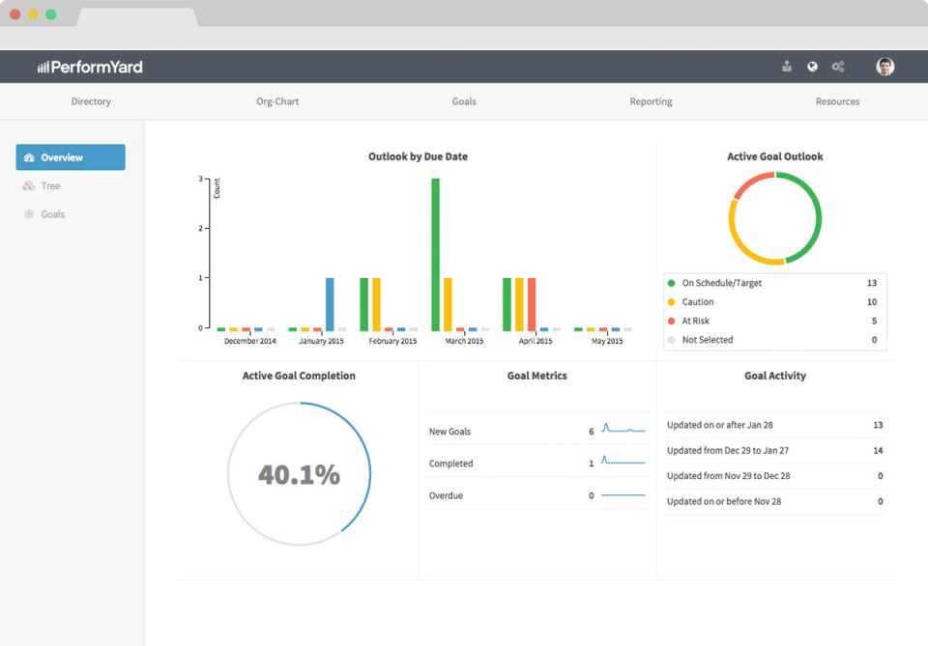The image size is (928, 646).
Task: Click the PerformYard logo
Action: click(90, 67)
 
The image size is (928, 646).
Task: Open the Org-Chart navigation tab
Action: click(277, 101)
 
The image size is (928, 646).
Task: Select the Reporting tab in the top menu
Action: click(651, 101)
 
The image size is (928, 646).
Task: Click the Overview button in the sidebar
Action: click(71, 157)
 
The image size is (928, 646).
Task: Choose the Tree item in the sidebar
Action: click(50, 186)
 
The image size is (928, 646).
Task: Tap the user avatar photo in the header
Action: click(884, 67)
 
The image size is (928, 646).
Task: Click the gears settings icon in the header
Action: click(838, 67)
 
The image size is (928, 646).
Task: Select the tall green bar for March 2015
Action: click(436, 253)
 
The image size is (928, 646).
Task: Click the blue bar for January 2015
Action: click(330, 303)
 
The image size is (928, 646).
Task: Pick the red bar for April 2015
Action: click(532, 303)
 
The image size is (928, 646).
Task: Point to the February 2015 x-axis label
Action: click(392, 341)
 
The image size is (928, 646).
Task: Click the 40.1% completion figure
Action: click(299, 474)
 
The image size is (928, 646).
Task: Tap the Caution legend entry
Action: click(698, 302)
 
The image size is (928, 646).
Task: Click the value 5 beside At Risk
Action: click(874, 321)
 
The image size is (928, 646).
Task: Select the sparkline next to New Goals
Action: click(623, 428)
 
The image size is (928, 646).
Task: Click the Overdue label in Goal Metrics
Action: click(446, 495)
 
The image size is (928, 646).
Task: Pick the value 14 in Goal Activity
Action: click(878, 450)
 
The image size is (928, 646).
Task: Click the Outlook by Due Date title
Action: click(418, 156)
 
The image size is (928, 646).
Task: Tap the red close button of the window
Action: click(15, 14)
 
